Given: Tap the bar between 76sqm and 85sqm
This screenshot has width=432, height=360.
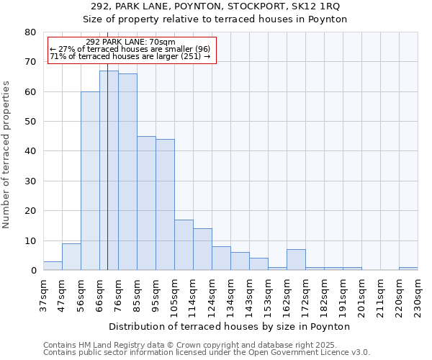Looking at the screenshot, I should point(127,172).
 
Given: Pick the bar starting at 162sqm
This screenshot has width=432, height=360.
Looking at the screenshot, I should point(296,260).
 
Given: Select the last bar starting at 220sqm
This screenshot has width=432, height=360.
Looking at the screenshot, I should point(408,269).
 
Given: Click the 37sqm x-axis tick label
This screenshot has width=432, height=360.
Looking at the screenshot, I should point(44,294).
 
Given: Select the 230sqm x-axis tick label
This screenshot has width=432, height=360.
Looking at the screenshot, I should point(418,296).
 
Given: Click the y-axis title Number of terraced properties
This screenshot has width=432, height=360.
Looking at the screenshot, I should point(7,154).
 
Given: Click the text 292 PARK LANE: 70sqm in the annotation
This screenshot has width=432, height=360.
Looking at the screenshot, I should point(130,42).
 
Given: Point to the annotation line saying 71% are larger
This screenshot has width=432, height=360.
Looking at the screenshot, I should point(130,56).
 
